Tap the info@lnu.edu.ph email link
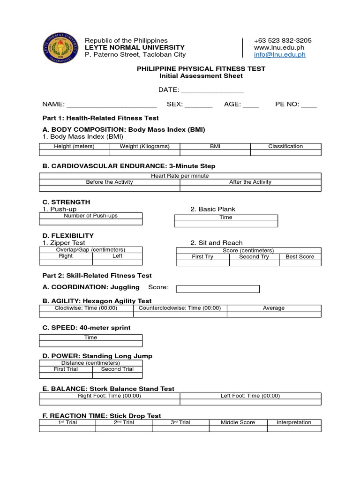click(279, 54)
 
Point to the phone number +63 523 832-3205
click(282, 40)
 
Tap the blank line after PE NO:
click(309, 105)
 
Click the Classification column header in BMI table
click(285, 146)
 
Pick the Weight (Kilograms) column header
click(144, 146)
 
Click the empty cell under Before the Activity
click(109, 188)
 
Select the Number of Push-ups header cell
click(90, 216)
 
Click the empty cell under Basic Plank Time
click(225, 224)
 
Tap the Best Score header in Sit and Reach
click(300, 257)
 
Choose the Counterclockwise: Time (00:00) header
click(180, 308)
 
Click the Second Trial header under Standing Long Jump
click(117, 369)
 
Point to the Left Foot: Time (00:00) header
click(250, 396)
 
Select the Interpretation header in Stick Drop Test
click(294, 422)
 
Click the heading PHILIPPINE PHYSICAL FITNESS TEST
click(201, 68)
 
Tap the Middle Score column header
click(238, 422)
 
